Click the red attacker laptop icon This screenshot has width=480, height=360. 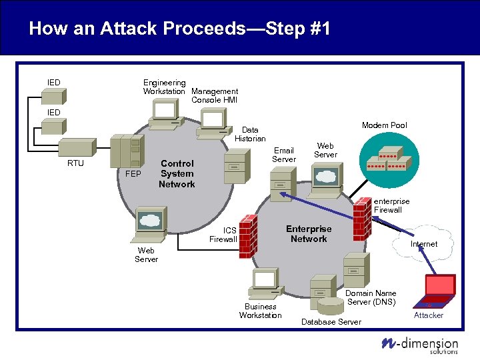coord(435,288)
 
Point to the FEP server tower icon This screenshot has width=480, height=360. coord(127,152)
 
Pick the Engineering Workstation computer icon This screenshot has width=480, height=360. coord(164,114)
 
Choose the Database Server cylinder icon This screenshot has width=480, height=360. coord(331,306)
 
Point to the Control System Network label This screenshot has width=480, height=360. coord(177,173)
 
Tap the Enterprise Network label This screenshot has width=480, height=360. coord(308,233)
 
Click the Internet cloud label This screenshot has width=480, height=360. coord(423,244)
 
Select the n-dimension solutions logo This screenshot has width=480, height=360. coord(419,344)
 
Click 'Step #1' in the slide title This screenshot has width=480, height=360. coord(297,28)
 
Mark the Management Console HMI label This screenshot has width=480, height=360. coord(214,95)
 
